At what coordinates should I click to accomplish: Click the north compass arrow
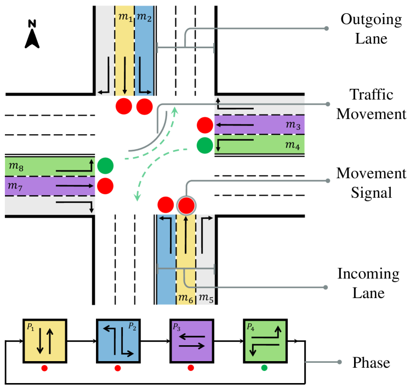coord(32,36)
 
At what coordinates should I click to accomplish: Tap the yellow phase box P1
coord(44,340)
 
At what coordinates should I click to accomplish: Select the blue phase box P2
coord(118,340)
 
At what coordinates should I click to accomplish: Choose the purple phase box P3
coord(191,340)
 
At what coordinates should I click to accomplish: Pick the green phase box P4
coord(265,340)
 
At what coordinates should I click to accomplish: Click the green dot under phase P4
coord(264,368)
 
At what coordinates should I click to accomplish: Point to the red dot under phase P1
coord(44,368)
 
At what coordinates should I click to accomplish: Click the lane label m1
coord(126,18)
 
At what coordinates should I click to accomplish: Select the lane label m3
coord(293,126)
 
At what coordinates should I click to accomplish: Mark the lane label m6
coord(187,298)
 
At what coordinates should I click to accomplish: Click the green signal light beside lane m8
coord(105,165)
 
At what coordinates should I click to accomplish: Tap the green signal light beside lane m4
coord(204,145)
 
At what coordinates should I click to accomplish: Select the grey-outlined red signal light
coord(187,206)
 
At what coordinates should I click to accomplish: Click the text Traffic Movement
coord(372,105)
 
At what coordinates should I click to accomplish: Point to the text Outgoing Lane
coord(364,29)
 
